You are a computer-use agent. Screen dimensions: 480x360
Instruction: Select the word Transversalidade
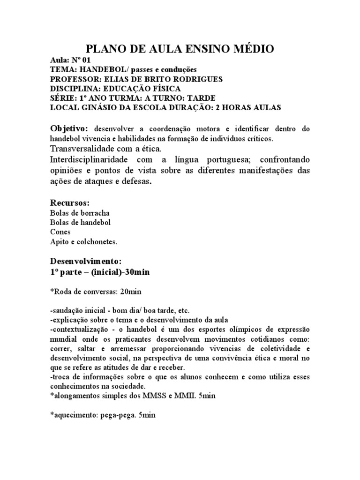point(82,149)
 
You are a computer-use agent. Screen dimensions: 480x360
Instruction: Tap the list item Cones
point(60,232)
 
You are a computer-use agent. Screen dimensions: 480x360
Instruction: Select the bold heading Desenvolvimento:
point(86,261)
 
